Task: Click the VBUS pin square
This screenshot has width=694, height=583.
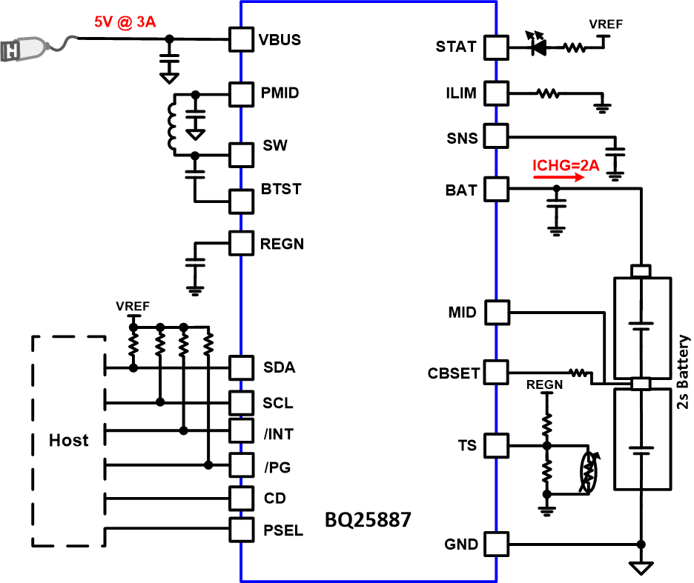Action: tap(241, 40)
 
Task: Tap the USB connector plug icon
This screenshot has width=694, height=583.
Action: tap(22, 50)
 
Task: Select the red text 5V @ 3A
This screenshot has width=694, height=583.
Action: tap(125, 21)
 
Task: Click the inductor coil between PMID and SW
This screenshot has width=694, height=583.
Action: tap(172, 124)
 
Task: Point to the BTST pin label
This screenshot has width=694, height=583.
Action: tap(281, 189)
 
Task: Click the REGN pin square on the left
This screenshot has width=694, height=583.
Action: tap(241, 243)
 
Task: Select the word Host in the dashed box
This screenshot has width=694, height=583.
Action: tap(69, 440)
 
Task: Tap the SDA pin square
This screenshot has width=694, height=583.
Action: tap(241, 367)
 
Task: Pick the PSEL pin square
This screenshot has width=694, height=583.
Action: tap(241, 530)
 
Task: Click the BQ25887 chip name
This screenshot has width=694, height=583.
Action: tap(368, 520)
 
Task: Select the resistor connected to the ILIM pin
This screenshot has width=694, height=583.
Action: tap(549, 94)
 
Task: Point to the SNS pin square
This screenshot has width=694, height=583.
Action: tap(496, 136)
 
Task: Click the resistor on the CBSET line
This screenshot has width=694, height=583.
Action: tap(578, 372)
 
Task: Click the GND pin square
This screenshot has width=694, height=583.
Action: tap(496, 544)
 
